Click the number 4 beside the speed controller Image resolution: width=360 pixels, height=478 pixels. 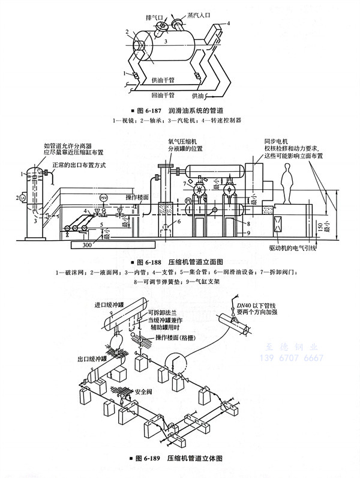coord(228,22)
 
